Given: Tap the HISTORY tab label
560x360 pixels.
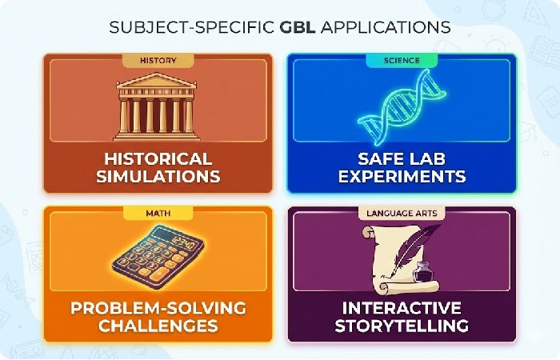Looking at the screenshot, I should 158,60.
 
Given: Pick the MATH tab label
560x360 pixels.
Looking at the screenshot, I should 158,213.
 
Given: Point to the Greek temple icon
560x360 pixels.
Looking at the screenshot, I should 158,104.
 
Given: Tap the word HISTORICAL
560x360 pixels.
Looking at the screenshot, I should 158,158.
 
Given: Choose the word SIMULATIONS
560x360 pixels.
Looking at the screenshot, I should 158,175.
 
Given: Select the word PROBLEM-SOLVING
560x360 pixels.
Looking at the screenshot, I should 158,309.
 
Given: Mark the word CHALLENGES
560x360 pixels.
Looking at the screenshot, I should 158,326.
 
